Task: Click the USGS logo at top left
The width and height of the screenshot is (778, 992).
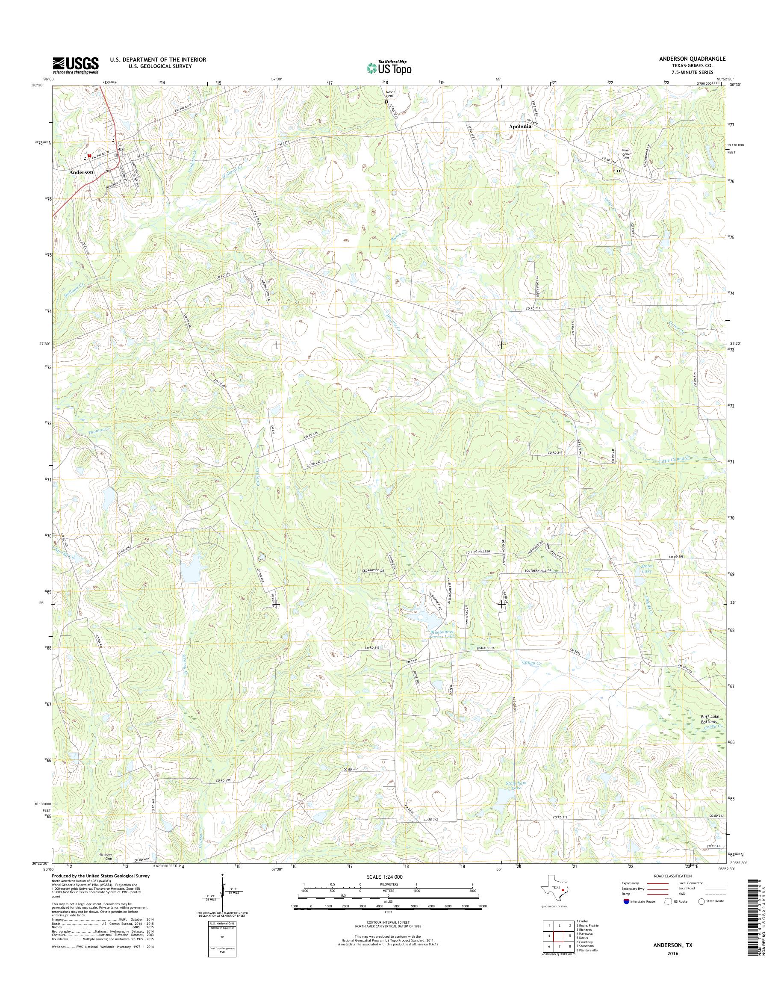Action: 75,65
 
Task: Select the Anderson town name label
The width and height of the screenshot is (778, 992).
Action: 82,172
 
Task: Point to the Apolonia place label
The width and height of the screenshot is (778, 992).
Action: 520,127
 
